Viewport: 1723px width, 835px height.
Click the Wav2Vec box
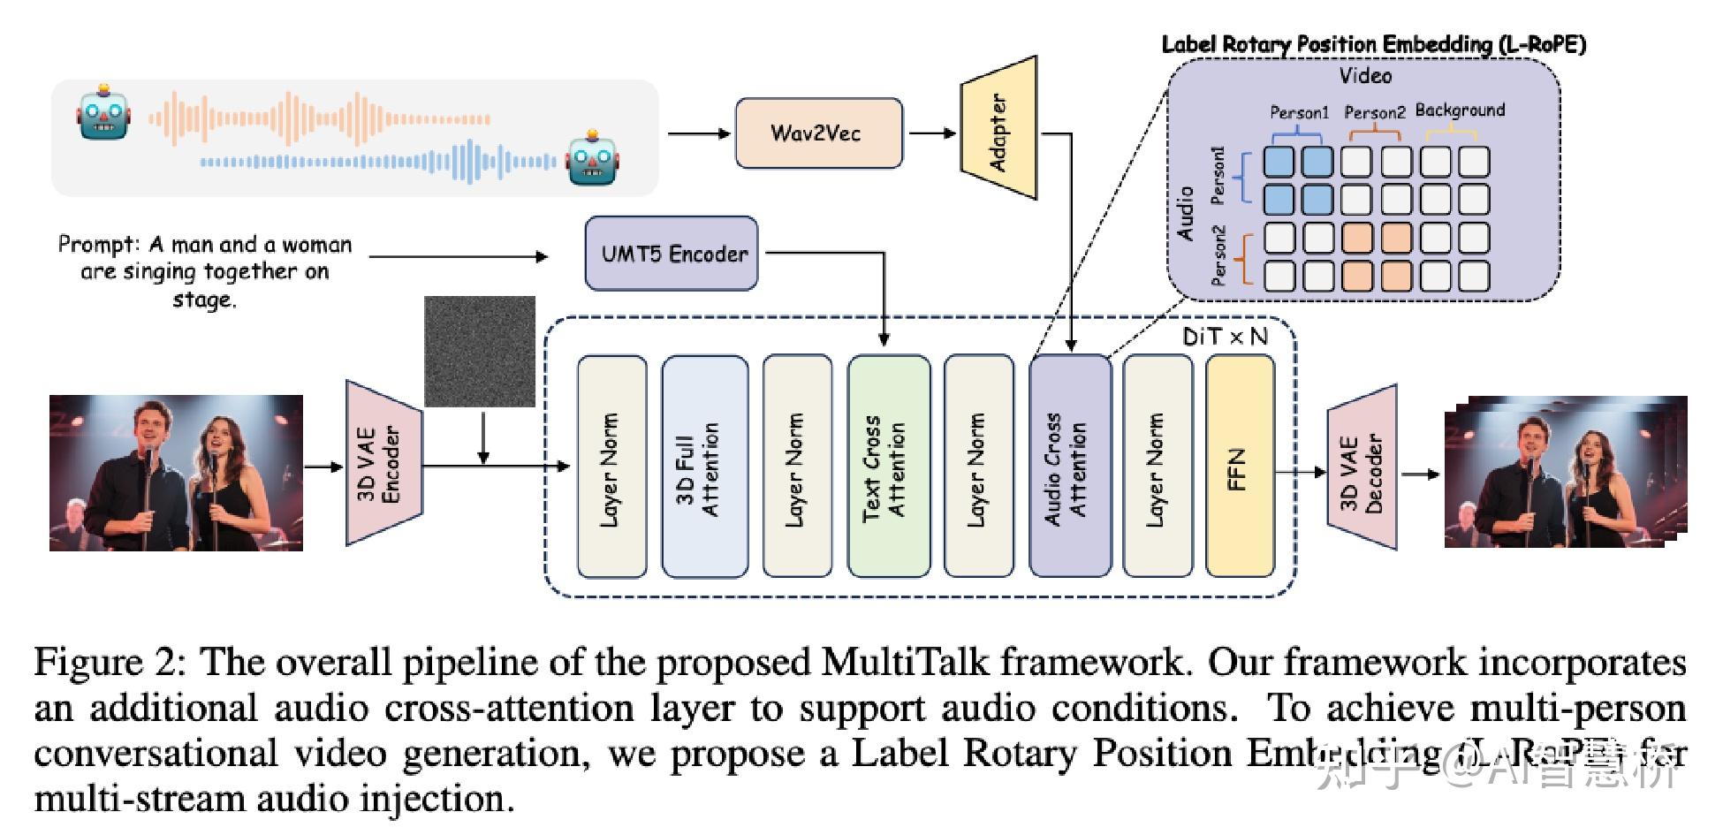point(819,133)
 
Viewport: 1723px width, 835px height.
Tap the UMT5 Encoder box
point(672,254)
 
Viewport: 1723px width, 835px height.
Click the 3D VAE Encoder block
point(382,463)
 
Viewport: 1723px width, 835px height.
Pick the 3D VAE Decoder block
point(1362,466)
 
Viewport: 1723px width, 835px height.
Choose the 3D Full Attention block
point(703,467)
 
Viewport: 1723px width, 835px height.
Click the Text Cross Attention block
point(888,467)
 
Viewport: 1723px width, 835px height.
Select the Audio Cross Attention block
point(1069,467)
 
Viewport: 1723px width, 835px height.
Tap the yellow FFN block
point(1240,467)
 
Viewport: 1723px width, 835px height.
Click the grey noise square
point(480,351)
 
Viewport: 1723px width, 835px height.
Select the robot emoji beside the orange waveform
point(104,112)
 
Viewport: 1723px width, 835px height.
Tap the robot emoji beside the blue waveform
point(593,159)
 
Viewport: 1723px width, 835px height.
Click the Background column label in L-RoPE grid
point(1460,110)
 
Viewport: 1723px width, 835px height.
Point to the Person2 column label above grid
point(1374,112)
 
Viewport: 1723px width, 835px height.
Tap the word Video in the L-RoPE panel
point(1365,76)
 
